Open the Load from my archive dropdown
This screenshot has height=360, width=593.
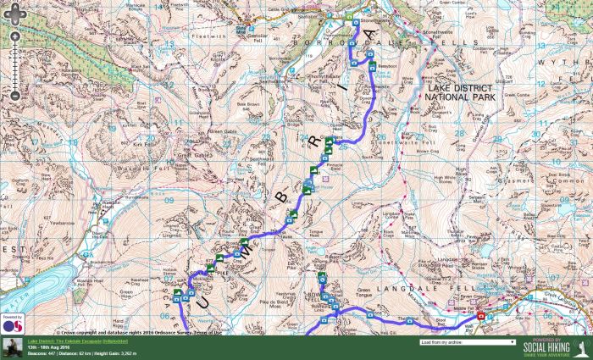tap(467, 342)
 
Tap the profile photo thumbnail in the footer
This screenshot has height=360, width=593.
tap(11, 347)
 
